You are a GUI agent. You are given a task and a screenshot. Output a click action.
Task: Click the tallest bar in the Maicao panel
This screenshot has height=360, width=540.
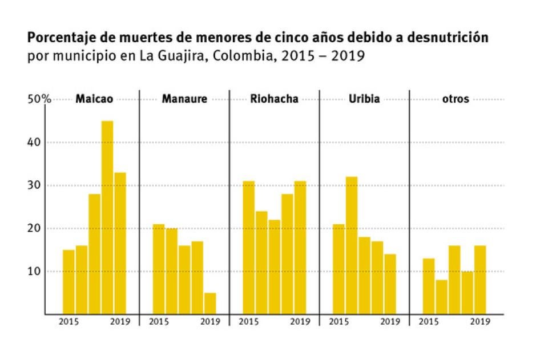[x=107, y=217]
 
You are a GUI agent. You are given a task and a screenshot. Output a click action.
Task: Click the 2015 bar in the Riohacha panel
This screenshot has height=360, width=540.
[x=249, y=248]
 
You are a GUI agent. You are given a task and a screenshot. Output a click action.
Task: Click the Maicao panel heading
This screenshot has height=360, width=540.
[x=94, y=99]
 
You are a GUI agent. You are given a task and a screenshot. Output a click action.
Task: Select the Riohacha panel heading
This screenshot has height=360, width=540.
[x=274, y=99]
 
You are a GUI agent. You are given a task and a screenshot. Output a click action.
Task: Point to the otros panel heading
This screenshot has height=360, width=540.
[x=455, y=99]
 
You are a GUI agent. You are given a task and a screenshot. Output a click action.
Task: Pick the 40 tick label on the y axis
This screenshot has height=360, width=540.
[x=37, y=142]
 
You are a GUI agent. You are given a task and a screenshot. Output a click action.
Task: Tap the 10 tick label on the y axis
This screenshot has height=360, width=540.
[x=37, y=271]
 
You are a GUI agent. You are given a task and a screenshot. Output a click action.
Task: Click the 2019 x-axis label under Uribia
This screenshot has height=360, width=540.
[x=390, y=322]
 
